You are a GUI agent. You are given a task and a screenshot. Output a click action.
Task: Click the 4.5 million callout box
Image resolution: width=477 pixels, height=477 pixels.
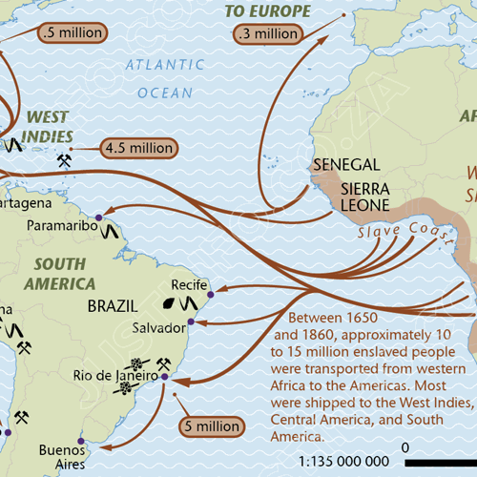[x=138, y=148]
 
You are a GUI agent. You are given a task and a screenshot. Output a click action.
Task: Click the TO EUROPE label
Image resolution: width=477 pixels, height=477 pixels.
[x=268, y=11]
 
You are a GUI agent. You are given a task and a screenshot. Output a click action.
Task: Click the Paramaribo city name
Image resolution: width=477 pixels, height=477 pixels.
[x=63, y=226]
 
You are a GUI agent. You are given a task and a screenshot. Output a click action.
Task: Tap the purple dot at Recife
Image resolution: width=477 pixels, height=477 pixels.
[x=210, y=295]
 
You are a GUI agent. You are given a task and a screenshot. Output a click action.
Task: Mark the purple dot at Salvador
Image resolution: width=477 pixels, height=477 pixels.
[x=191, y=322]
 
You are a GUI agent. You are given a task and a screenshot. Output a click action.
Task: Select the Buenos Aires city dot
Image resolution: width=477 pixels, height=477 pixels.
[x=80, y=442]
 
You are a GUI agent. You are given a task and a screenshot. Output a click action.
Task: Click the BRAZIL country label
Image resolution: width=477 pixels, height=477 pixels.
[x=113, y=307]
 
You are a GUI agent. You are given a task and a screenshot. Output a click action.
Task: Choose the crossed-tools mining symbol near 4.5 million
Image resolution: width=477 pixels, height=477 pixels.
[x=65, y=160]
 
